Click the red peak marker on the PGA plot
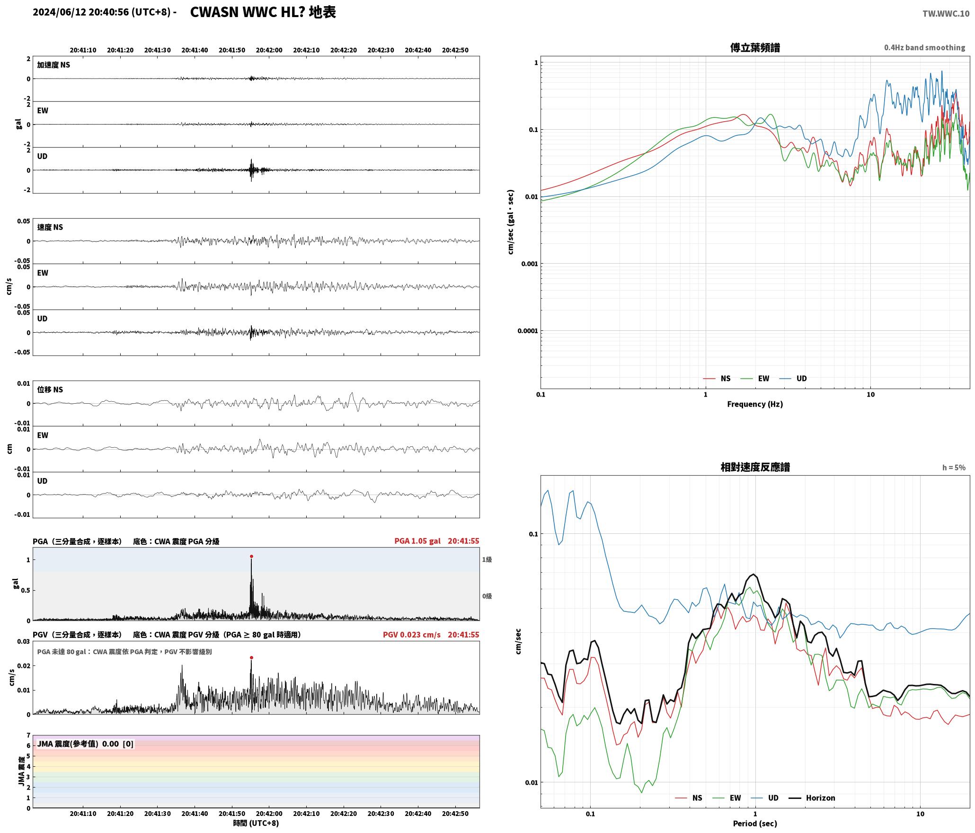[251, 557]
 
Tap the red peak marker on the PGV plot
[251, 658]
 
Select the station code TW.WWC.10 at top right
[946, 14]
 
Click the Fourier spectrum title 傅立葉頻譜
[755, 48]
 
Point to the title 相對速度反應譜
[755, 467]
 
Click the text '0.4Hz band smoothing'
[924, 48]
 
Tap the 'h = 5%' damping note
[954, 468]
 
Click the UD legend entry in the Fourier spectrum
[794, 379]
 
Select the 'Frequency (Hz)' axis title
[755, 404]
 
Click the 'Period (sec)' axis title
[755, 824]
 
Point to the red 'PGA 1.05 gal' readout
[417, 541]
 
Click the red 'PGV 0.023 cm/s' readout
[412, 635]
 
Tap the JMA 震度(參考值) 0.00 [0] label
[85, 744]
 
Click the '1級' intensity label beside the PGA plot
[487, 559]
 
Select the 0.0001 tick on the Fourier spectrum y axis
[527, 331]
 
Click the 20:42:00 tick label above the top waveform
[269, 50]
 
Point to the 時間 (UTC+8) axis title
[256, 823]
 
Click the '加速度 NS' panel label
[53, 65]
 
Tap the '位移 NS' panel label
[50, 390]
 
